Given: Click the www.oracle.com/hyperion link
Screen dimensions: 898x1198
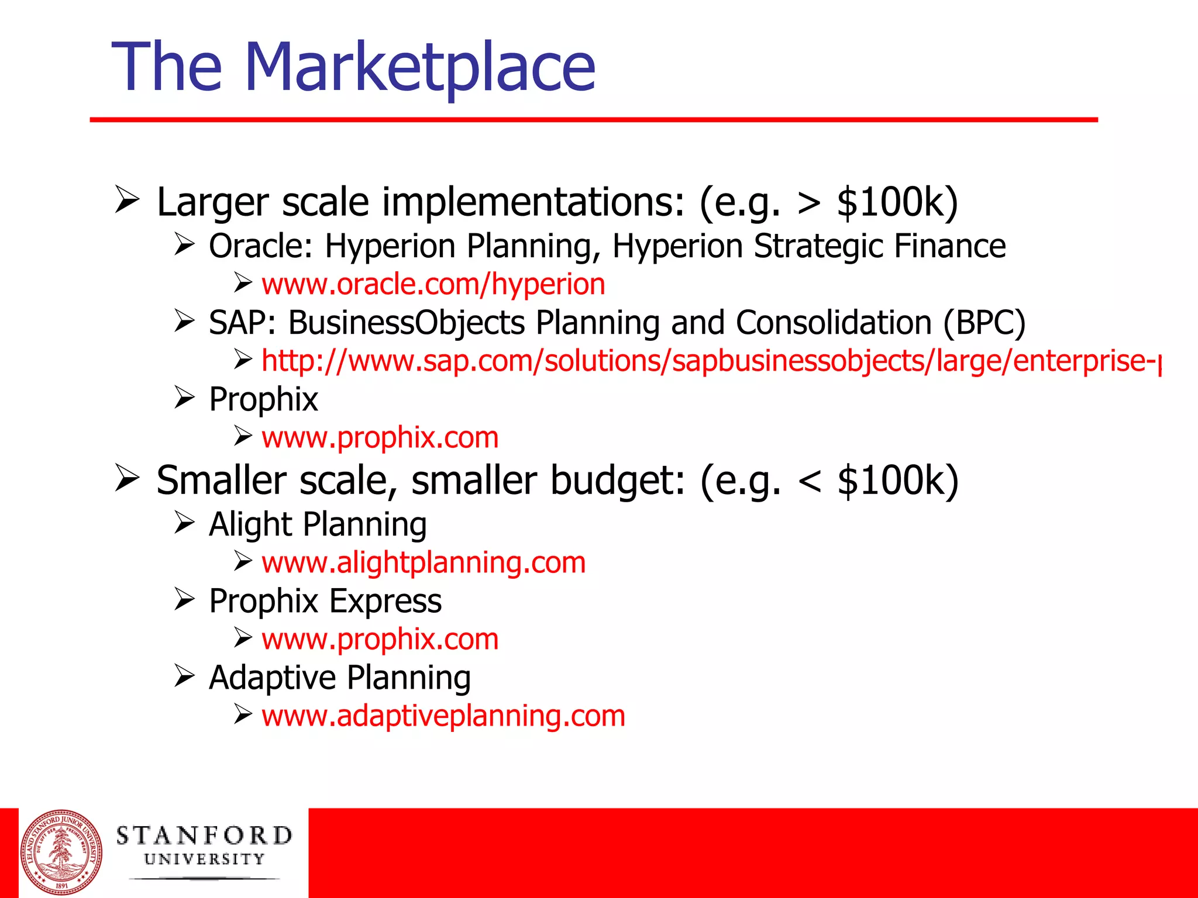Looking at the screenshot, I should [433, 285].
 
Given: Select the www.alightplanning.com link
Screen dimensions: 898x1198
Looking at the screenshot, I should [424, 562].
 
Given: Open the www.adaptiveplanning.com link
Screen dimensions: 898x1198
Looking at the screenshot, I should [443, 716].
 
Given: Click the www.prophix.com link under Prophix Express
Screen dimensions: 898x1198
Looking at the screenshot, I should [380, 639].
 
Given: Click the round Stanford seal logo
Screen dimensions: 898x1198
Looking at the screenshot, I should [61, 853].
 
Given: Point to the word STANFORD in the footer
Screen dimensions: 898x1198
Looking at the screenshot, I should [204, 835].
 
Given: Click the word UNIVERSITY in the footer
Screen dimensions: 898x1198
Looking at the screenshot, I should [204, 859].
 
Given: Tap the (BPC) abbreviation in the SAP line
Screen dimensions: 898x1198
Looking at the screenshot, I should [984, 323].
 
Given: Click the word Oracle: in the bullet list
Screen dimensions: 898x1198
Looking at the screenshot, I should [261, 246].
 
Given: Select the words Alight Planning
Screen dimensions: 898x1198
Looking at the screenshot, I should [318, 524].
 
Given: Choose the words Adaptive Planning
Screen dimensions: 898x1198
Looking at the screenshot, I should [340, 678].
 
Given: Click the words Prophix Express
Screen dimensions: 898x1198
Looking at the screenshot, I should [325, 601].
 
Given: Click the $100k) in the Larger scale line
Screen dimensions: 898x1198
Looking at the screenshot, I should [897, 202].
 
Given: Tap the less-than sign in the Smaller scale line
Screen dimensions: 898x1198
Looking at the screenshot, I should [810, 481].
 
